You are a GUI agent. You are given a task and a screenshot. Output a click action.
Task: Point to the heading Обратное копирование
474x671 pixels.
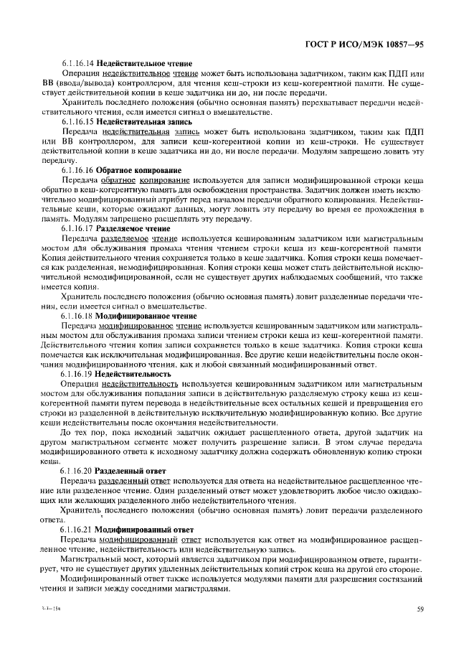point(140,170)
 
